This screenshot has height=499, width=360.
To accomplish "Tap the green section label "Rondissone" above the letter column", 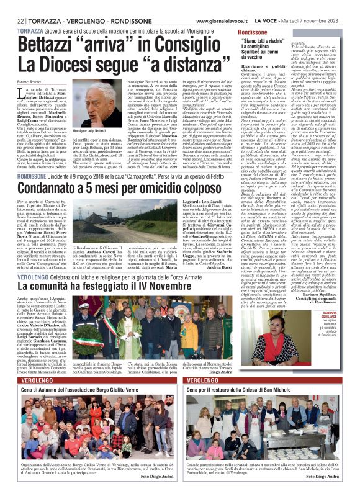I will coord(253,31).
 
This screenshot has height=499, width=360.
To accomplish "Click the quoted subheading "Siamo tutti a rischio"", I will coord(268,42).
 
